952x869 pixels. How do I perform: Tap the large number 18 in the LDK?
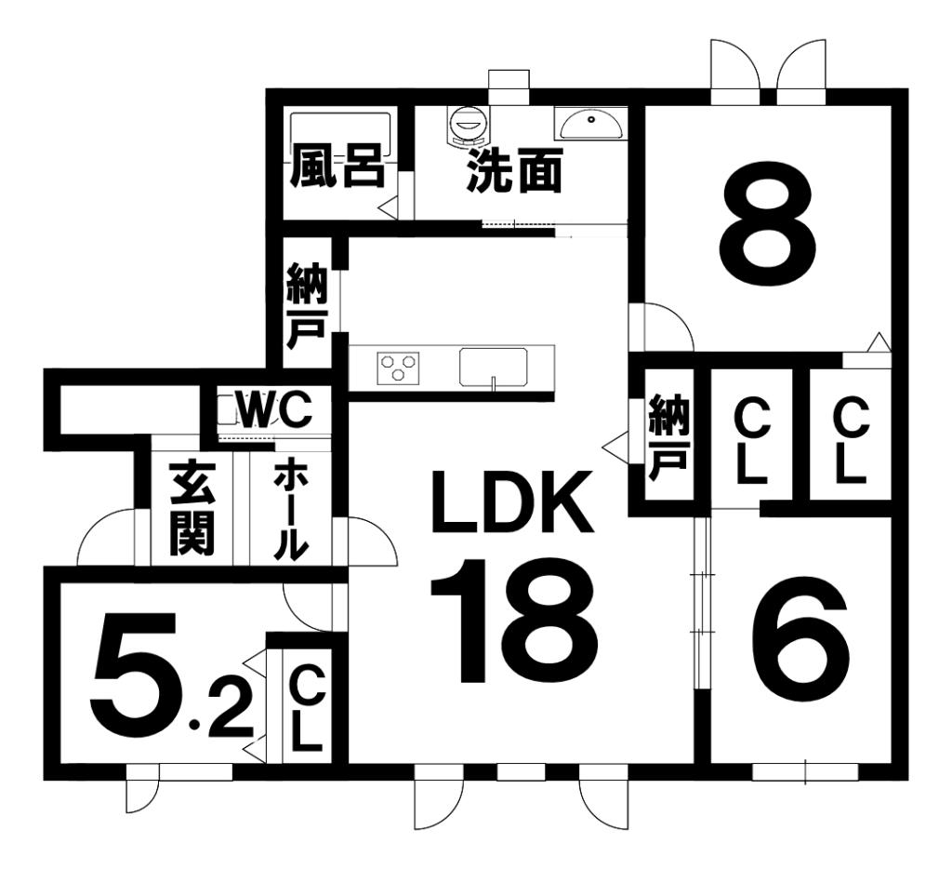pos(514,621)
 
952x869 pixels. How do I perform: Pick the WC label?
pos(271,409)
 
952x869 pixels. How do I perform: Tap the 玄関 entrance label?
pos(192,510)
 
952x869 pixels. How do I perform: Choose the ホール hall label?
pos(291,510)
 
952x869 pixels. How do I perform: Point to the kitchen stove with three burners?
pos(398,367)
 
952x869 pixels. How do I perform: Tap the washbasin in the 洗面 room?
pos(589,123)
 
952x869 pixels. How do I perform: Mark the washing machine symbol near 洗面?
pos(467,124)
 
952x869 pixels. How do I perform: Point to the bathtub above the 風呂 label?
pos(337,128)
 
